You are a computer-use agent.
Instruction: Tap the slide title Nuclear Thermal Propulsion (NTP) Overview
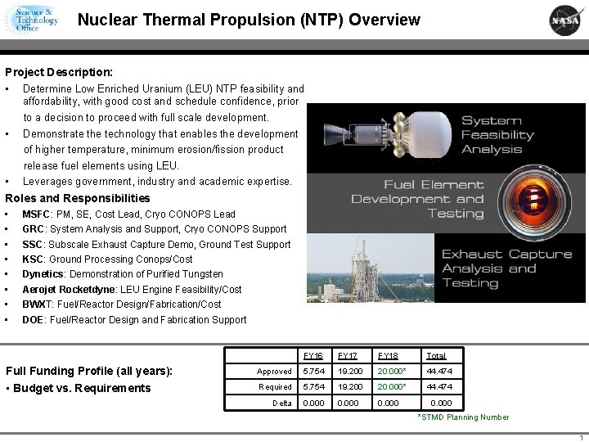(249, 20)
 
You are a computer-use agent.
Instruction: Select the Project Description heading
(59, 72)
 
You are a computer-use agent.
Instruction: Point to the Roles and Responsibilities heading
(78, 198)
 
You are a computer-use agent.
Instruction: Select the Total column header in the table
(436, 356)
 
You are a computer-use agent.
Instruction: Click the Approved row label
(274, 372)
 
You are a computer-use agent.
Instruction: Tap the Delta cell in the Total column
(440, 403)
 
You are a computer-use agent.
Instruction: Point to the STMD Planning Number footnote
(463, 417)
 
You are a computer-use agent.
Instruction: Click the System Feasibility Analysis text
(497, 135)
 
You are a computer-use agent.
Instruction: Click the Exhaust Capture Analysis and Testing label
(506, 268)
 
